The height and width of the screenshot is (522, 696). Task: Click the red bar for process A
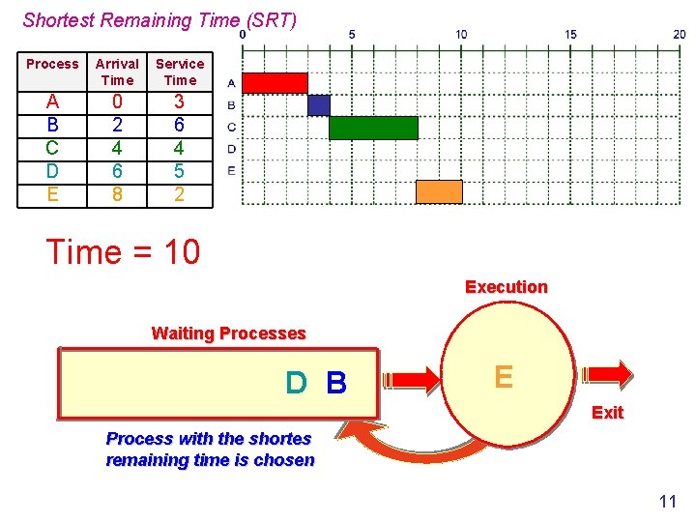point(275,83)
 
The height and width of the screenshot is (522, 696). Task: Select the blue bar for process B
point(319,105)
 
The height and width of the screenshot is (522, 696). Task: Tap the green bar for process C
point(373,128)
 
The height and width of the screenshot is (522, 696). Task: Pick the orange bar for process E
point(439,191)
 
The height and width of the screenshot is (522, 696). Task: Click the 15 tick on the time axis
point(570,34)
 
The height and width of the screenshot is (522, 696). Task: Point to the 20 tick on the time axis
point(680,34)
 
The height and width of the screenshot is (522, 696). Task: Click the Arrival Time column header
point(117,72)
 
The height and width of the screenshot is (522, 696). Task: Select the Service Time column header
point(180,72)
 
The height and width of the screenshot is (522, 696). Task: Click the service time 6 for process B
point(180,125)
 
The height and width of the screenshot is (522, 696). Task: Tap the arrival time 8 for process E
point(117,194)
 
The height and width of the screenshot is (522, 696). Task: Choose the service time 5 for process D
point(180,171)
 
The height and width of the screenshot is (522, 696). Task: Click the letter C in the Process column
point(52,148)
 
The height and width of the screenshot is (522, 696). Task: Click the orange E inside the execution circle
point(504,376)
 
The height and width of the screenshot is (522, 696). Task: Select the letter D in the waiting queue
point(296,384)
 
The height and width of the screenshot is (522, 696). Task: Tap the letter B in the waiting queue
point(336,384)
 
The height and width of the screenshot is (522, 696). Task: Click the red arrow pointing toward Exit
point(606,374)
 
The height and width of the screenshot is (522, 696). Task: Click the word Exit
point(607,413)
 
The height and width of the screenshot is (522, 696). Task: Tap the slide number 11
point(667,501)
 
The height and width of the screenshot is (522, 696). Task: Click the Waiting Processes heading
point(228,333)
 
